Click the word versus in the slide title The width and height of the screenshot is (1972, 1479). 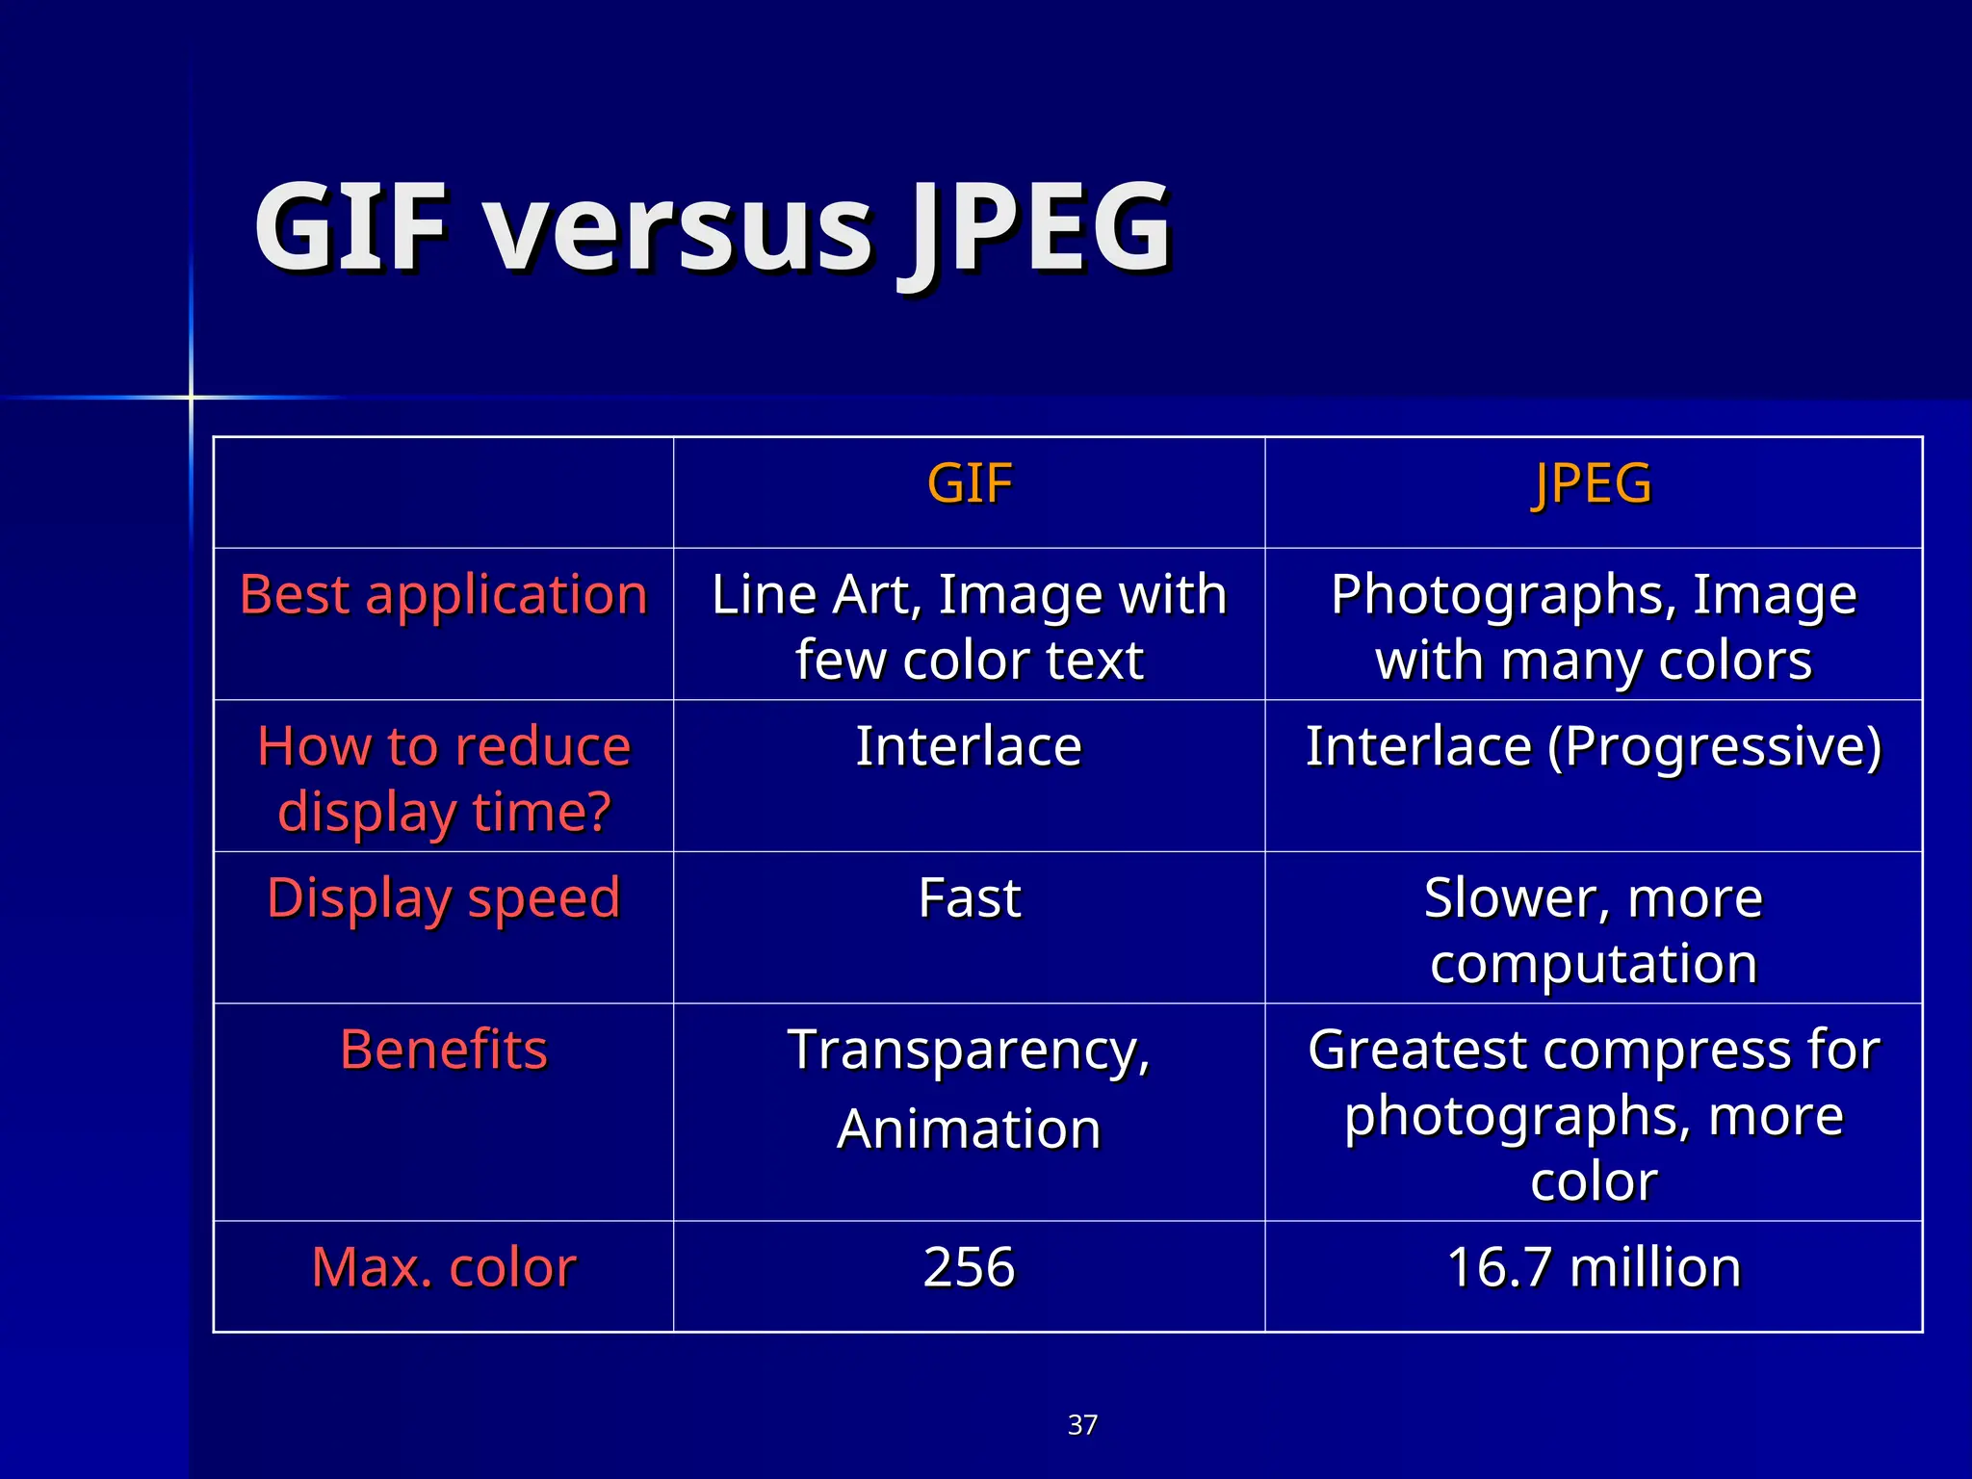tap(679, 231)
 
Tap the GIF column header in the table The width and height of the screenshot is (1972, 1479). tap(969, 483)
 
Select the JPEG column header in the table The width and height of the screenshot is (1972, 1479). tap(1593, 483)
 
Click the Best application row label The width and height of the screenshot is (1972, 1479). tap(443, 594)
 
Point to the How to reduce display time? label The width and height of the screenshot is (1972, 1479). tap(443, 778)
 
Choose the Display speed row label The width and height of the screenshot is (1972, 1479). tap(443, 898)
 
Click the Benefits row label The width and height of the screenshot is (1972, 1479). tap(443, 1050)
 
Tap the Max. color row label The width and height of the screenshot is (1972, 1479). tap(443, 1267)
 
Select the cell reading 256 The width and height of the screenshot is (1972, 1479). tap(969, 1267)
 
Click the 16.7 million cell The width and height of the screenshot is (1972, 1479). tap(1593, 1267)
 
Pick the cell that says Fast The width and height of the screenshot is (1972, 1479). tap(969, 898)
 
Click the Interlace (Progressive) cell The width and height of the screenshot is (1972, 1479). tap(1593, 746)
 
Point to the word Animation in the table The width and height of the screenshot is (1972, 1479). tap(969, 1129)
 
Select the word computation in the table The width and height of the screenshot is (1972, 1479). tap(1593, 964)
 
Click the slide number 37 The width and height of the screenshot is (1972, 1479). tap(1082, 1425)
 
